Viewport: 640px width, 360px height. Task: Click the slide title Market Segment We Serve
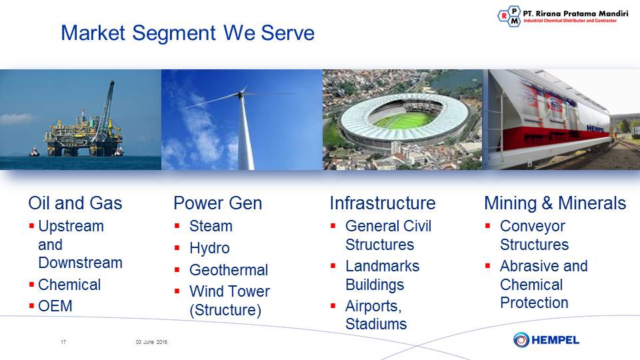188,33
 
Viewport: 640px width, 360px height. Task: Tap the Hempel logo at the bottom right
546,339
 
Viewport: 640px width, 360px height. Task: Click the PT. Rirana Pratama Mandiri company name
575,13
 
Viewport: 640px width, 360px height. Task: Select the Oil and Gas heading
75,203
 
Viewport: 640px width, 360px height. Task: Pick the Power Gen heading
217,203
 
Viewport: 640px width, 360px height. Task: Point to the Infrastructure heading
383,203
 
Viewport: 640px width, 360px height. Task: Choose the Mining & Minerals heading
555,203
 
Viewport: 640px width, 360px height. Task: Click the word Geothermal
229,270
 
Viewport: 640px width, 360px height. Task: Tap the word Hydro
209,248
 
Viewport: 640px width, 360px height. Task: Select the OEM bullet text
55,306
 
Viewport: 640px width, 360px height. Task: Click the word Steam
211,226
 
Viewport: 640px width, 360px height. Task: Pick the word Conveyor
533,226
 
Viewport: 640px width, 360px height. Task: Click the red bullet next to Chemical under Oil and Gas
31,284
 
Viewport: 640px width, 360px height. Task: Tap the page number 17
63,342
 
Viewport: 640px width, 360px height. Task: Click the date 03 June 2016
151,342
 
